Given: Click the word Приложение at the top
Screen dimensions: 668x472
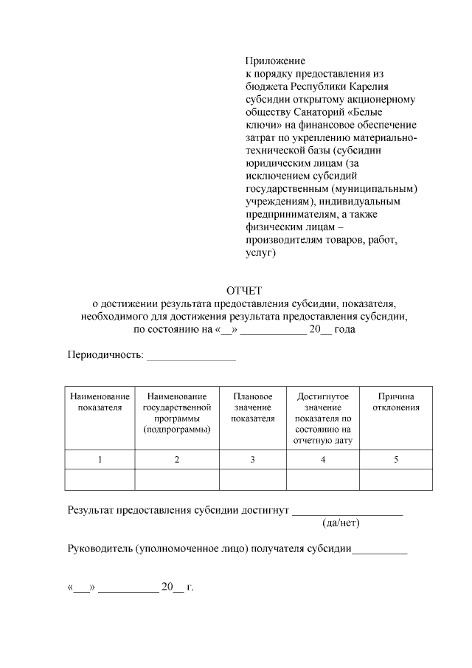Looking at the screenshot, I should pos(274,61).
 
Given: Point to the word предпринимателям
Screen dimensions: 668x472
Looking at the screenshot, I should pos(291,214).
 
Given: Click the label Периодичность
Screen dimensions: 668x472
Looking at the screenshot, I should pos(105,354).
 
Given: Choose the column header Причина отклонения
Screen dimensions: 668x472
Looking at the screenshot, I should pos(396,402).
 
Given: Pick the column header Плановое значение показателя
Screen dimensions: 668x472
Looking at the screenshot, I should pos(252,407).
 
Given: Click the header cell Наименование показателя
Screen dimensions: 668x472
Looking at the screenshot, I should pos(100,402).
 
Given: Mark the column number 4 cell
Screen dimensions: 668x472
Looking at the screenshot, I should pos(323,460).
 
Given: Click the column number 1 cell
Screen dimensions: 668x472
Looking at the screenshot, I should pos(100,460).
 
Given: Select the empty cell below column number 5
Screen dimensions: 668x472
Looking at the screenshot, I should pos(396,480).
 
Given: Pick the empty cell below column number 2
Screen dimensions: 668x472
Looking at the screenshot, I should pos(177,480).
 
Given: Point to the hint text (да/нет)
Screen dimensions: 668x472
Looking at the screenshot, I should pos(341,523).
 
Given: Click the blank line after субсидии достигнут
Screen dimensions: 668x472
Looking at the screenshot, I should pos(347,510).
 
